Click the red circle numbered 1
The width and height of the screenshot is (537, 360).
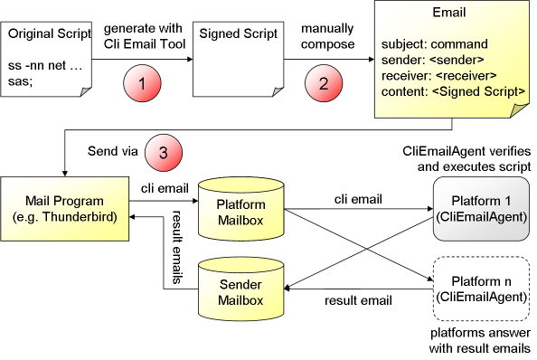pyautogui.click(x=142, y=85)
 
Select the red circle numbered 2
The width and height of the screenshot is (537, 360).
pyautogui.click(x=323, y=85)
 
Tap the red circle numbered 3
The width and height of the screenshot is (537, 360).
pyautogui.click(x=163, y=153)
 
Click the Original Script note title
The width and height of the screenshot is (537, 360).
pyautogui.click(x=50, y=35)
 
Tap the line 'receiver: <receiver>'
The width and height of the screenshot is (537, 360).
pyautogui.click(x=438, y=75)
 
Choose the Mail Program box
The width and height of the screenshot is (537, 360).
pyautogui.click(x=64, y=208)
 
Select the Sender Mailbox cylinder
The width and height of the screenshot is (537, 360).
pyautogui.click(x=241, y=291)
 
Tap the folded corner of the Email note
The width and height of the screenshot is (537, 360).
pyautogui.click(x=519, y=109)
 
